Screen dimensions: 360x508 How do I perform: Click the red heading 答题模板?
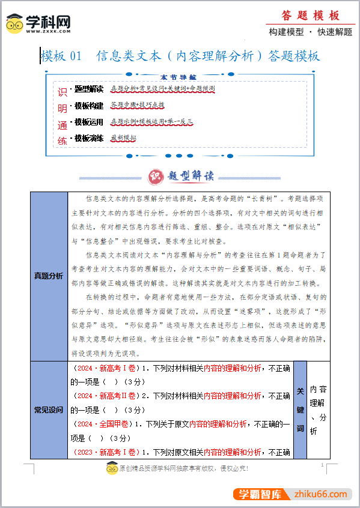[310, 16]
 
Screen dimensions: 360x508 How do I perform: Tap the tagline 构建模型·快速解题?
[310, 32]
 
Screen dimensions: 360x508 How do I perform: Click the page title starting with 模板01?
[180, 56]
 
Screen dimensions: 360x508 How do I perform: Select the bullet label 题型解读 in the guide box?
[89, 89]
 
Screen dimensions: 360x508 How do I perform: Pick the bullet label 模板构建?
[89, 106]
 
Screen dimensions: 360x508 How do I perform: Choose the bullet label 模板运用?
[89, 122]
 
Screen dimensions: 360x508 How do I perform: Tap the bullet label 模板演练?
[89, 138]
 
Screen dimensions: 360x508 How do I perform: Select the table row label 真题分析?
[49, 276]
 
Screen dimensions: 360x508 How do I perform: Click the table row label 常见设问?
[49, 410]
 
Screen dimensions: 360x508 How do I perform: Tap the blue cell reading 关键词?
[301, 410]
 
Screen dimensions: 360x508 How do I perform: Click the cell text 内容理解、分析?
[318, 410]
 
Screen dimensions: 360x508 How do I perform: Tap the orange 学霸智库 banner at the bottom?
[261, 494]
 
